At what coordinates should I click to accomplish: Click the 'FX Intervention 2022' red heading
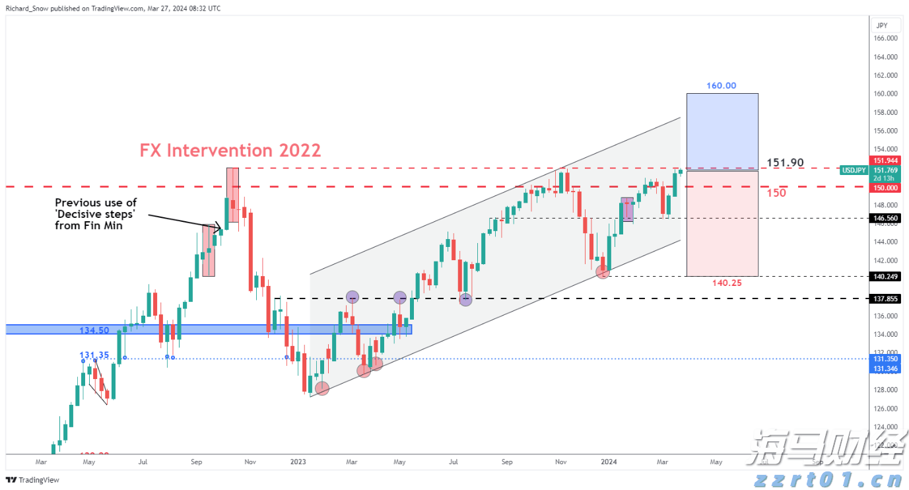pyautogui.click(x=230, y=151)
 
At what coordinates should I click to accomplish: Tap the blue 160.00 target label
pyautogui.click(x=721, y=86)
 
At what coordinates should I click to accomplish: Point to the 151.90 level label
pyautogui.click(x=785, y=162)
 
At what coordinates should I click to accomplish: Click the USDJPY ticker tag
pyautogui.click(x=854, y=170)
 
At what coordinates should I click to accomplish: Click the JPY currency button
pyautogui.click(x=881, y=25)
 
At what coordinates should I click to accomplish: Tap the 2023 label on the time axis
pyautogui.click(x=298, y=462)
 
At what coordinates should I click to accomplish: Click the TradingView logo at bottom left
pyautogui.click(x=33, y=480)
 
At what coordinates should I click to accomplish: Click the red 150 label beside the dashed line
pyautogui.click(x=776, y=193)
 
